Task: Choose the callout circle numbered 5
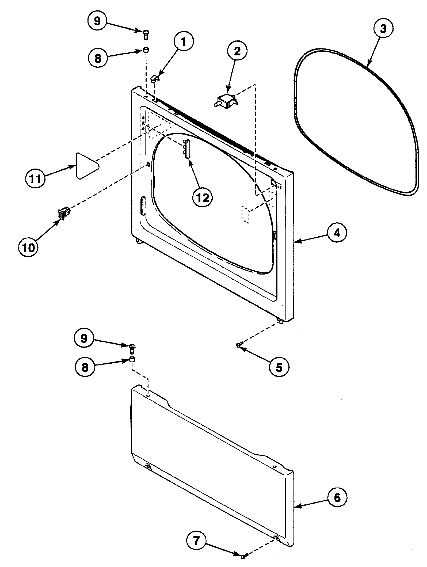pos(279,367)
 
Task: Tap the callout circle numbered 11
pos(36,178)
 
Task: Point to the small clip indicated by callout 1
pos(155,79)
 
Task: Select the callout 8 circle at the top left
pos(98,58)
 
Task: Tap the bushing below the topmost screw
pos(146,50)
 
